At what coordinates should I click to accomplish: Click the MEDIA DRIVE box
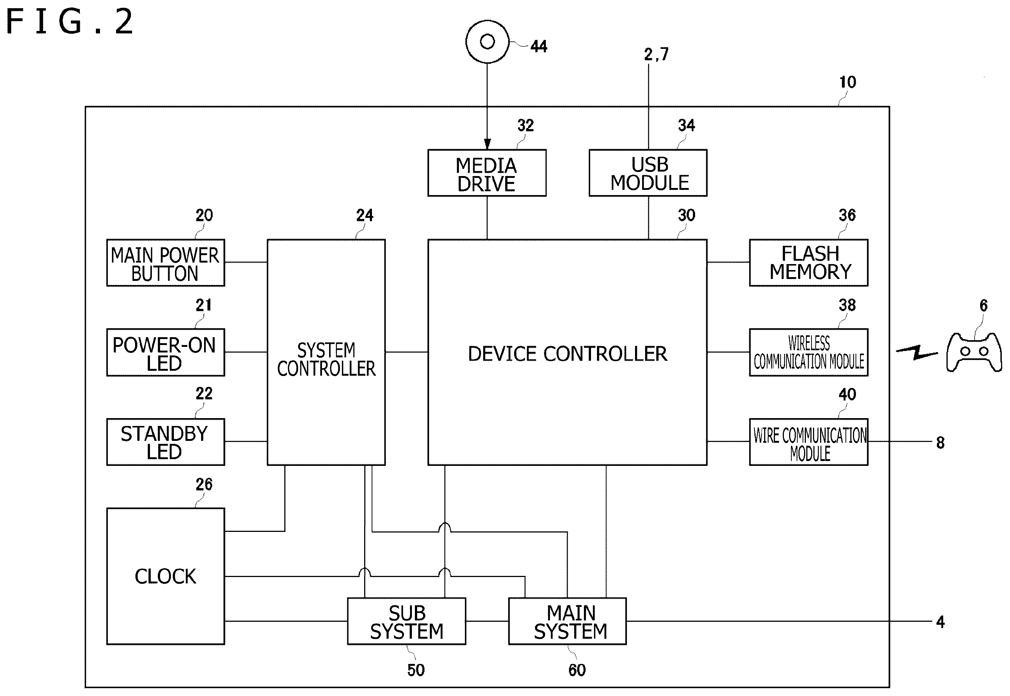487,173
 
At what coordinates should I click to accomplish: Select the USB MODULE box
648,173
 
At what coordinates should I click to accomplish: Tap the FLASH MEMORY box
809,263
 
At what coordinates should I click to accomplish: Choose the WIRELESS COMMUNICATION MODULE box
809,352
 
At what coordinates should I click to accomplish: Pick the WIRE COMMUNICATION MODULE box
809,442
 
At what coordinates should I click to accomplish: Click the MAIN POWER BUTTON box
166,263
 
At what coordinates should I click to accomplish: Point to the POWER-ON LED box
166,352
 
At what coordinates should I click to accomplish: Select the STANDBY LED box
166,442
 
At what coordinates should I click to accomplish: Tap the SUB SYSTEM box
406,621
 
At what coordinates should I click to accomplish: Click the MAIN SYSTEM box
567,621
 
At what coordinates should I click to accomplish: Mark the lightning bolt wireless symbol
917,352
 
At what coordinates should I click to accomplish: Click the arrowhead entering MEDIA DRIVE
487,144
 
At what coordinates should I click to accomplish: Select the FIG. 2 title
70,21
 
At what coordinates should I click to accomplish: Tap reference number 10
848,82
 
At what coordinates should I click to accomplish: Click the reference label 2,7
656,54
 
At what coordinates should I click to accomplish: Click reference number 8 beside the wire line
940,443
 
